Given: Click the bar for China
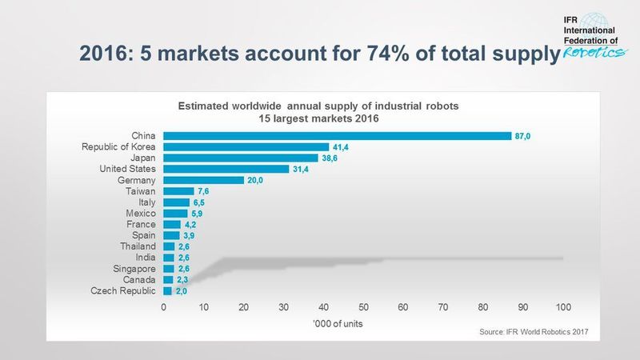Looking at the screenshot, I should [337, 135].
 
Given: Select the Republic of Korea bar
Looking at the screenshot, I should [246, 146].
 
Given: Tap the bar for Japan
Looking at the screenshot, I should [241, 158].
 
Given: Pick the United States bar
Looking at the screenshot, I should [226, 169].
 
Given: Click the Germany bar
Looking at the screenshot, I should [203, 180].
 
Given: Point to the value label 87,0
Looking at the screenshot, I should [522, 136].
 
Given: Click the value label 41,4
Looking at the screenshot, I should [341, 147].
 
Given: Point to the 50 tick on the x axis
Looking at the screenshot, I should [363, 307].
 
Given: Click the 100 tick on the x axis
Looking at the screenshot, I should [562, 307].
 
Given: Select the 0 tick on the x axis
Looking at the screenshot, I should [164, 307].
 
